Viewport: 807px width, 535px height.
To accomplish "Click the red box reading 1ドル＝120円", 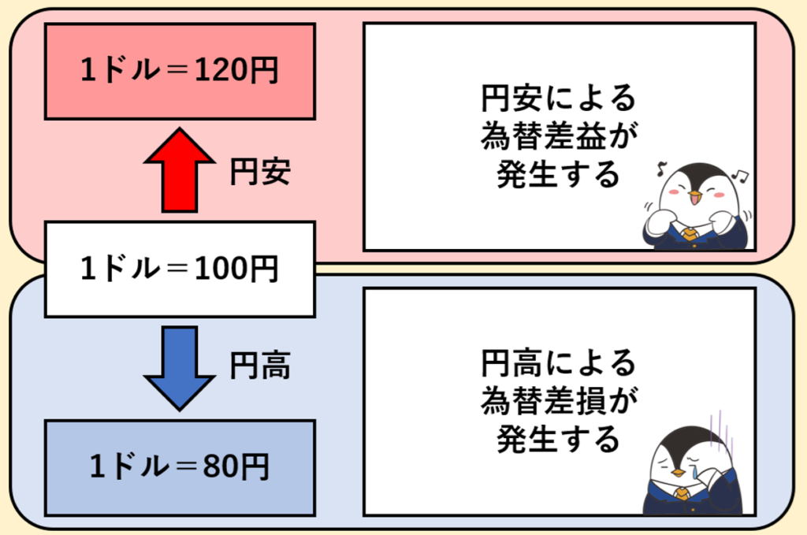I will [180, 71].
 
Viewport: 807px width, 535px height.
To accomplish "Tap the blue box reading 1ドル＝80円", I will [180, 467].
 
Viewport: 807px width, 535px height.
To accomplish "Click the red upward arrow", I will [180, 169].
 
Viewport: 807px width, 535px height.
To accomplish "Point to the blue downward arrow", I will [180, 367].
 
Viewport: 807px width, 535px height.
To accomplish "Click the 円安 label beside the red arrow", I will [260, 172].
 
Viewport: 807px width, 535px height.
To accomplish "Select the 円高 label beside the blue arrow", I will [260, 366].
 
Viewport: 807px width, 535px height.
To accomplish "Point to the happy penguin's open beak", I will [694, 196].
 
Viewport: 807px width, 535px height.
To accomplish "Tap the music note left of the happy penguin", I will [662, 166].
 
